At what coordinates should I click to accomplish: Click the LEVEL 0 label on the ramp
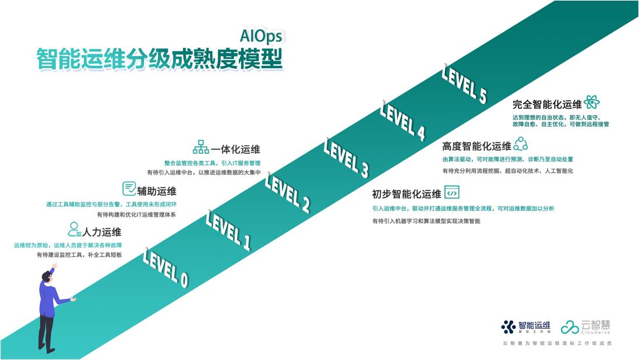coord(165,269)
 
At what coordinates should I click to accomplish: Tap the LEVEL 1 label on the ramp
coord(228,231)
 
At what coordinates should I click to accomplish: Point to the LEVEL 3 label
coord(346,158)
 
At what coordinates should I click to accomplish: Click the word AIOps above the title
coord(261,36)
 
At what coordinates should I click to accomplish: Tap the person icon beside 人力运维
coord(74,229)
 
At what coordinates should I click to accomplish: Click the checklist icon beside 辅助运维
coord(129,189)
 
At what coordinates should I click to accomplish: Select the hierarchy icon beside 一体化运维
coord(200,147)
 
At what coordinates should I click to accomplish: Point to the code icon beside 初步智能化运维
coord(451,192)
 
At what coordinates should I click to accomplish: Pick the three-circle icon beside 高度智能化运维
coord(520,144)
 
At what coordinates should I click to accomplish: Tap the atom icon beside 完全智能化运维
coord(592,102)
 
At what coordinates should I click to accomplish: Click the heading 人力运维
coord(102,232)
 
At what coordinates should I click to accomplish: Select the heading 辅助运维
coord(157,191)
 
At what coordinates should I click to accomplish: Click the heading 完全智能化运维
coord(547,105)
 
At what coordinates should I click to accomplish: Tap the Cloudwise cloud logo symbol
coord(570,327)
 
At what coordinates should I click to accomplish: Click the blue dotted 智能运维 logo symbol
coord(508,327)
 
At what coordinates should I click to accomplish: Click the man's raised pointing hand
coord(54,266)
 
